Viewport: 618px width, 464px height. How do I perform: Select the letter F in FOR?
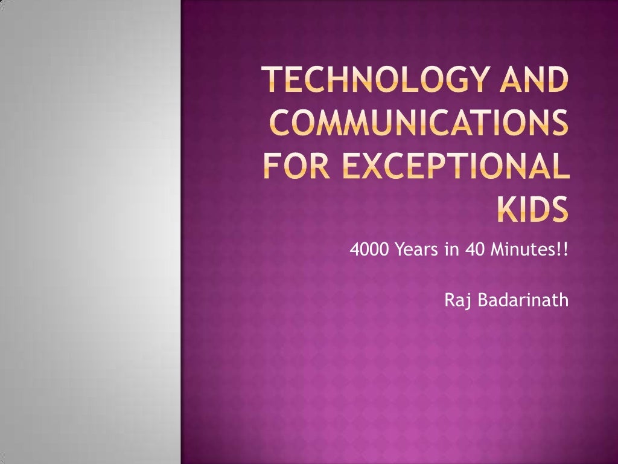point(272,163)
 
